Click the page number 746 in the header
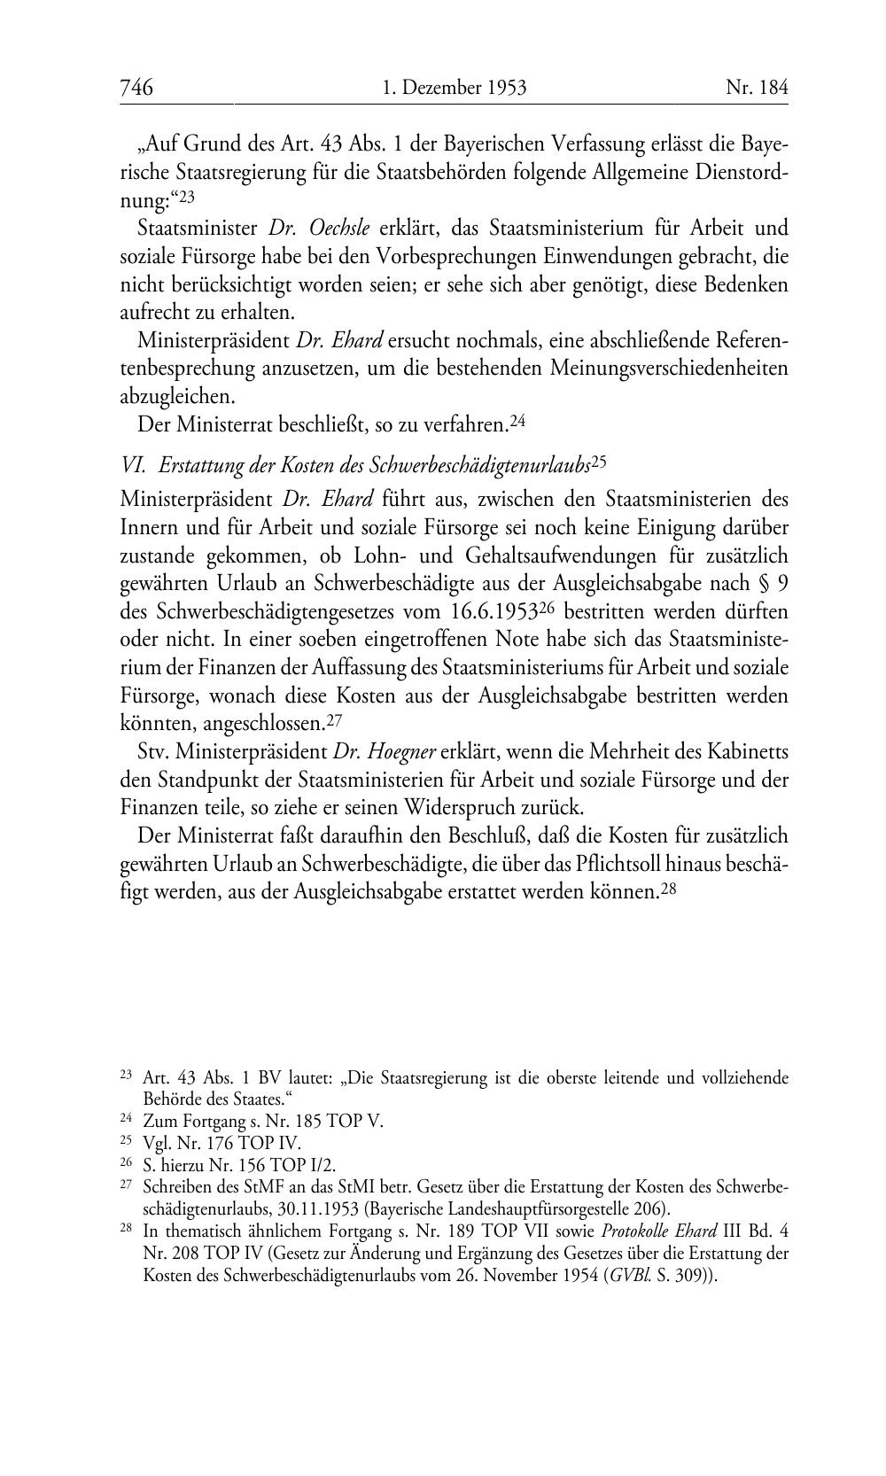point(137,88)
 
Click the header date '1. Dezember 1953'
point(455,88)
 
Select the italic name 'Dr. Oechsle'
point(319,229)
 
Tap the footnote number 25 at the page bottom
point(126,1141)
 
